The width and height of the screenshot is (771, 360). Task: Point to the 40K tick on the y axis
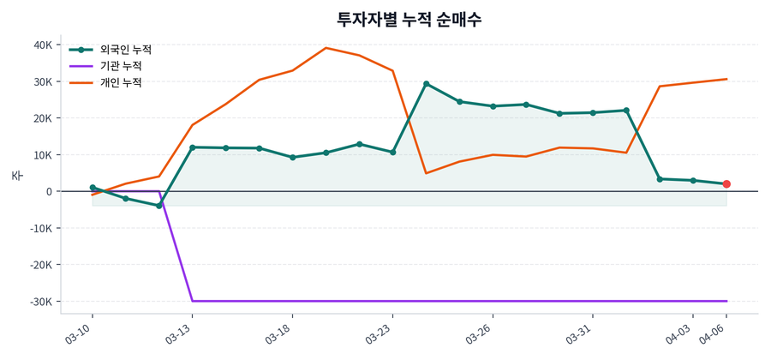tap(42, 45)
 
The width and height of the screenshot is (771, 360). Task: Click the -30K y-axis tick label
tap(40, 302)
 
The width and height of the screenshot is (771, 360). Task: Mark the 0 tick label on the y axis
tap(49, 192)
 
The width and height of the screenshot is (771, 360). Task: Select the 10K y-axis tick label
tap(42, 155)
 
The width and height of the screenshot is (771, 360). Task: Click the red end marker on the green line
tap(726, 184)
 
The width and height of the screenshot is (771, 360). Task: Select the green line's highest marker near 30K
tap(427, 84)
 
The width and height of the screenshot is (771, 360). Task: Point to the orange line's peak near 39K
tap(326, 48)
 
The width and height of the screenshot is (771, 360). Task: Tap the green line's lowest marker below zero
tap(158, 206)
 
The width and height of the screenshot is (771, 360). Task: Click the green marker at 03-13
tap(192, 147)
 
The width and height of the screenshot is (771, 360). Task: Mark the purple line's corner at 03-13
tap(192, 301)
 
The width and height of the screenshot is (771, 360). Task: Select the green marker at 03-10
tap(93, 188)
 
